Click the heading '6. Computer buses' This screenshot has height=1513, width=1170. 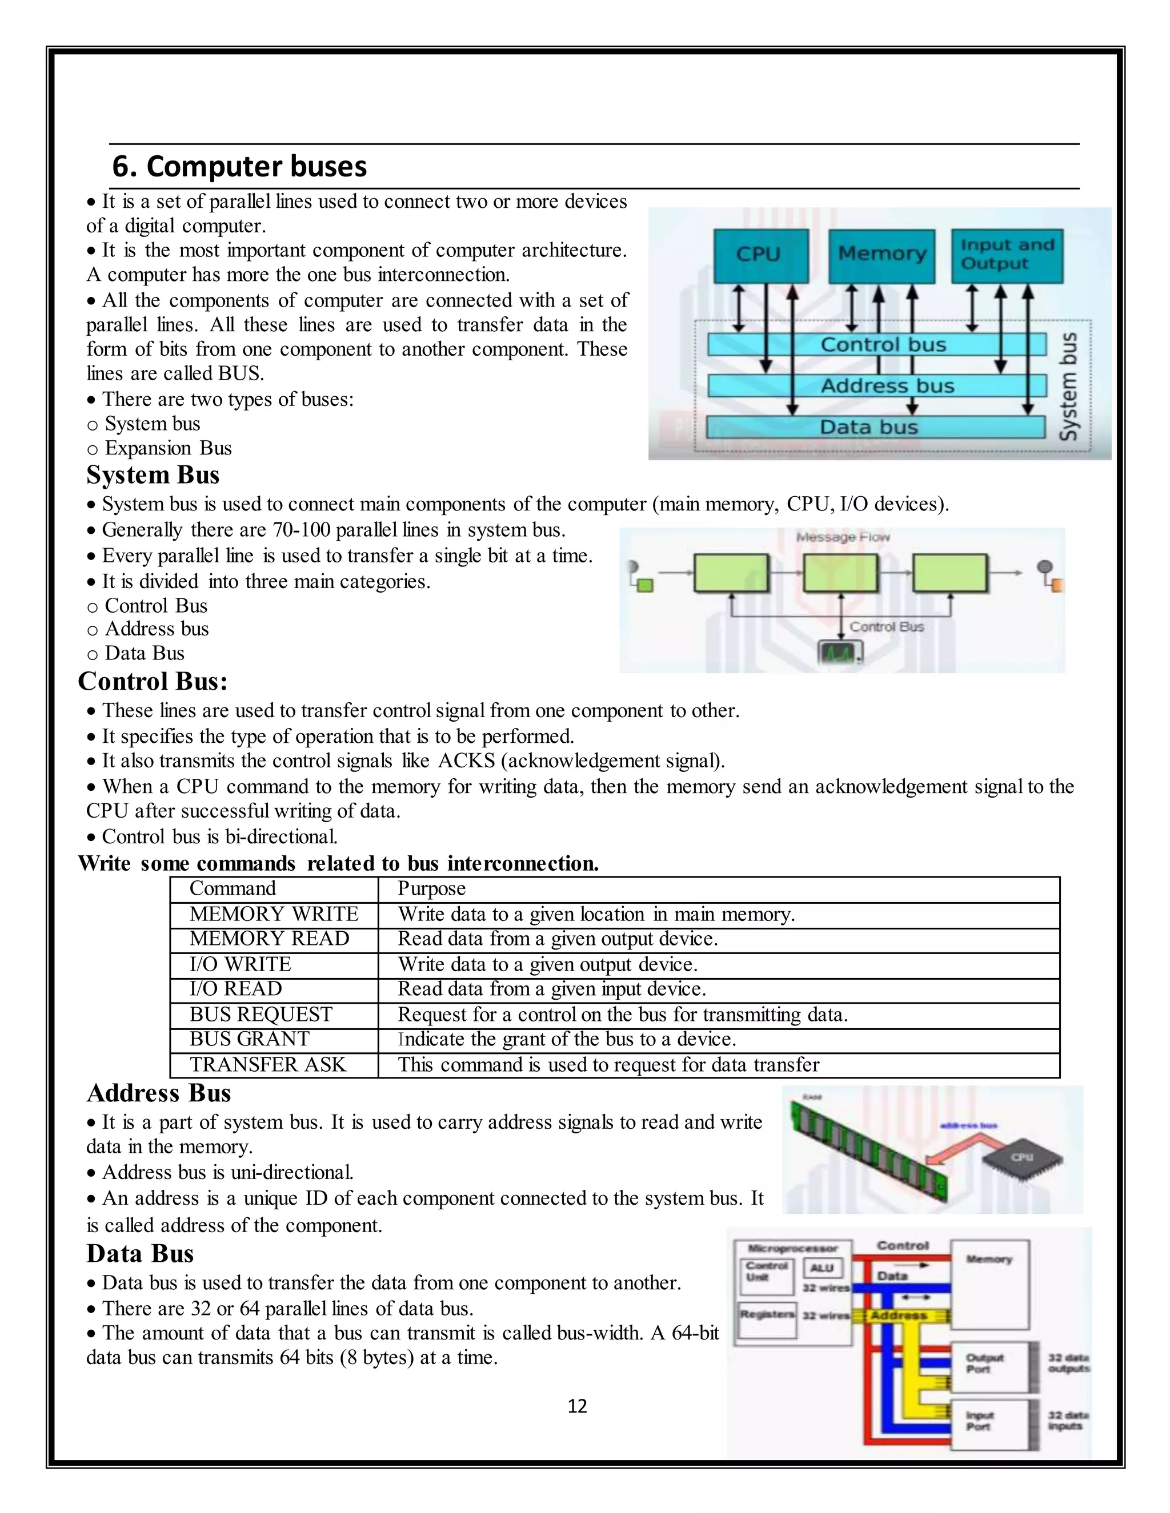[239, 167]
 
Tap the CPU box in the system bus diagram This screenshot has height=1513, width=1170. [761, 255]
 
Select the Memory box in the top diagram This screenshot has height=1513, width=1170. [881, 255]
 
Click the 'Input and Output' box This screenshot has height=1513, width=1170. [1007, 255]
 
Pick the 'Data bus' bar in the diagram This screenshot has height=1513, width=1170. [875, 426]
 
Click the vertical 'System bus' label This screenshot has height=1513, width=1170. [1069, 387]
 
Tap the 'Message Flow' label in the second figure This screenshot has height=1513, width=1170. [842, 537]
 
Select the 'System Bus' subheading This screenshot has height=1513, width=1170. [153, 475]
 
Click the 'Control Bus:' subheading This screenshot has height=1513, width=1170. [153, 682]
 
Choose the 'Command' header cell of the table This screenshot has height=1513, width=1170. [233, 889]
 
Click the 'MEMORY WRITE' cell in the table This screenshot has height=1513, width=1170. [274, 915]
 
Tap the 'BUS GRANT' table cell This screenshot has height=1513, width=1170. [250, 1039]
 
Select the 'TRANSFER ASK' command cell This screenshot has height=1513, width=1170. [267, 1065]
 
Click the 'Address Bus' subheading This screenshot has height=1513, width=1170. [159, 1093]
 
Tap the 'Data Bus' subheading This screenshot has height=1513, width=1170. [140, 1254]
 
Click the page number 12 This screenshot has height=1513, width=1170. [576, 1406]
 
